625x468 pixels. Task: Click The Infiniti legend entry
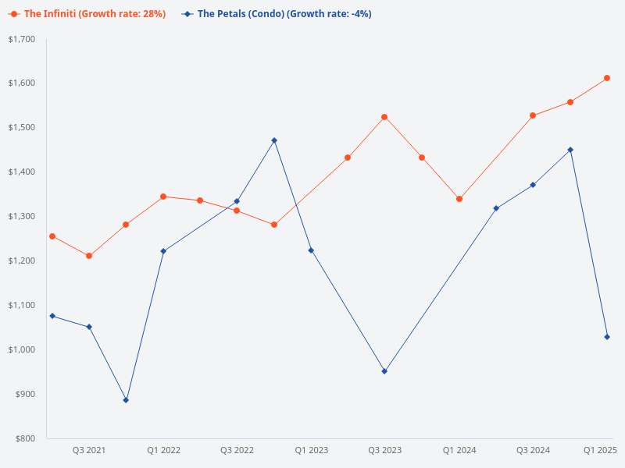[x=87, y=14]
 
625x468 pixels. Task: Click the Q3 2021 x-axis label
[x=89, y=450]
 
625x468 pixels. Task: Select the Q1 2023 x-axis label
[x=311, y=450]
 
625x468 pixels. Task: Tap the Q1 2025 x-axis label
[x=600, y=450]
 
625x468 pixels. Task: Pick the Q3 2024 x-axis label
[x=533, y=450]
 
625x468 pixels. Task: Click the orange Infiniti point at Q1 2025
[x=607, y=78]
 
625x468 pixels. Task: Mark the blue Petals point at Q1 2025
[x=607, y=337]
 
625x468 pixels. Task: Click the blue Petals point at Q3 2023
[x=384, y=371]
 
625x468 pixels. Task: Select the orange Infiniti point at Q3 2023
[x=384, y=117]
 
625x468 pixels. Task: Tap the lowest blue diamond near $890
[x=126, y=400]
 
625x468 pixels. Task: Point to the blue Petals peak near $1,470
[x=274, y=140]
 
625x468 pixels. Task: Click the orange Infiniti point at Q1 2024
[x=459, y=199]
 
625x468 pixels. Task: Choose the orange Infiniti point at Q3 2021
[x=89, y=256]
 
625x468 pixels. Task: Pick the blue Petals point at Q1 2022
[x=163, y=251]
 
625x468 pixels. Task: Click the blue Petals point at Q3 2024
[x=533, y=185]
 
